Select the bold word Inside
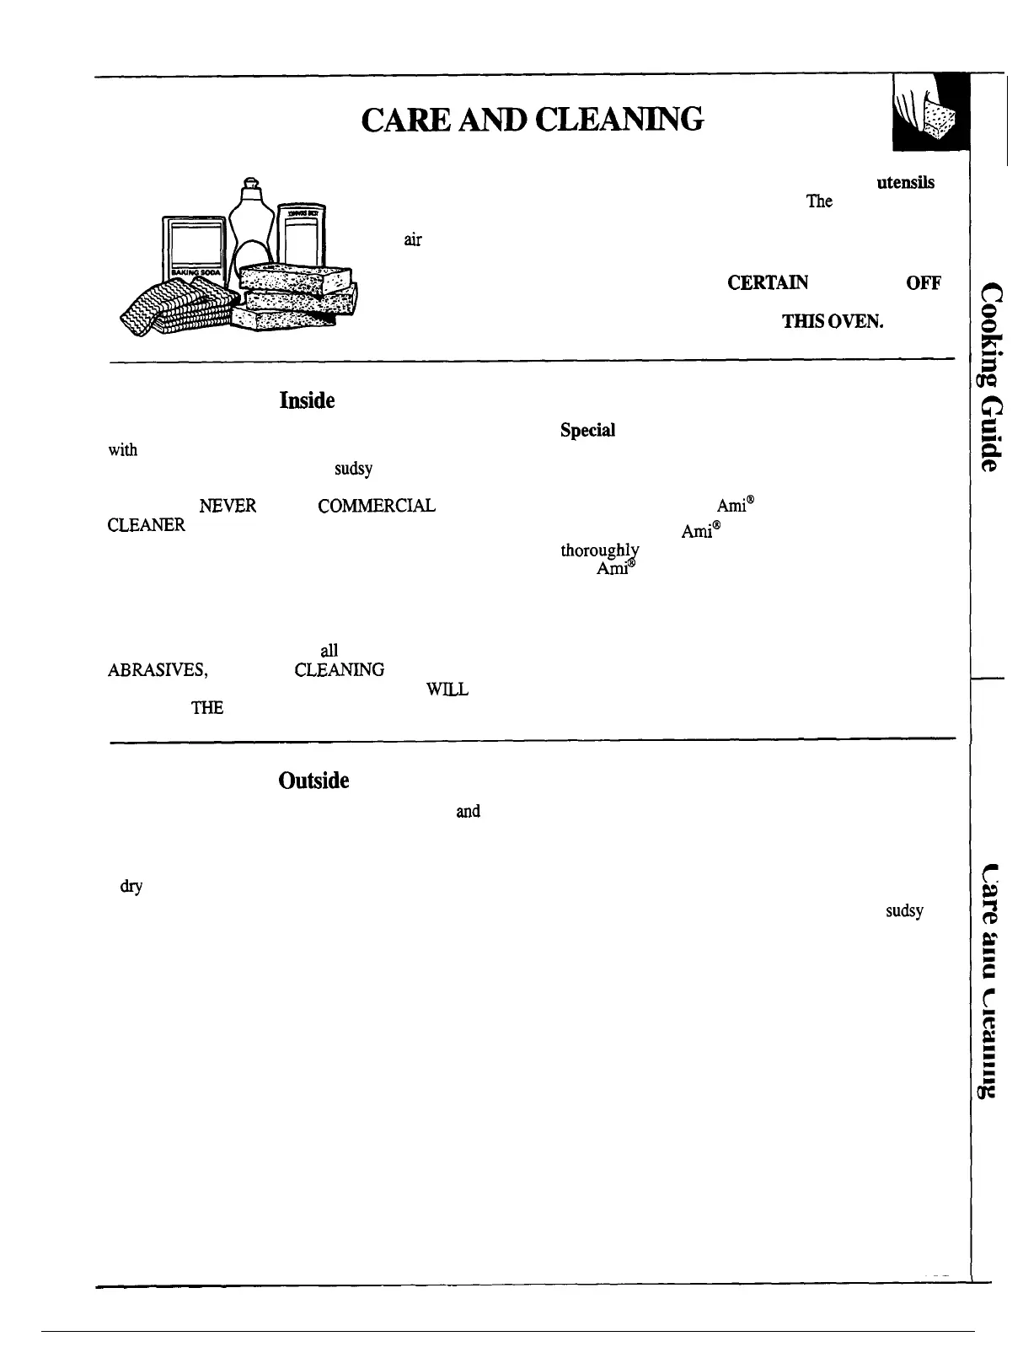[x=307, y=400]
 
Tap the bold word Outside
[x=313, y=781]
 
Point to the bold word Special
[x=587, y=430]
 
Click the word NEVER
[x=228, y=506]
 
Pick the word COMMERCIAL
[x=376, y=506]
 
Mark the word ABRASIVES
[x=158, y=670]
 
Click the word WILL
[x=447, y=689]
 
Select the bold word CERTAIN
[x=768, y=283]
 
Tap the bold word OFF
[x=923, y=283]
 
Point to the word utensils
[x=905, y=183]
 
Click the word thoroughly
[x=600, y=550]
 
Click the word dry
[x=131, y=887]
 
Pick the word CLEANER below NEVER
[x=146, y=525]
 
